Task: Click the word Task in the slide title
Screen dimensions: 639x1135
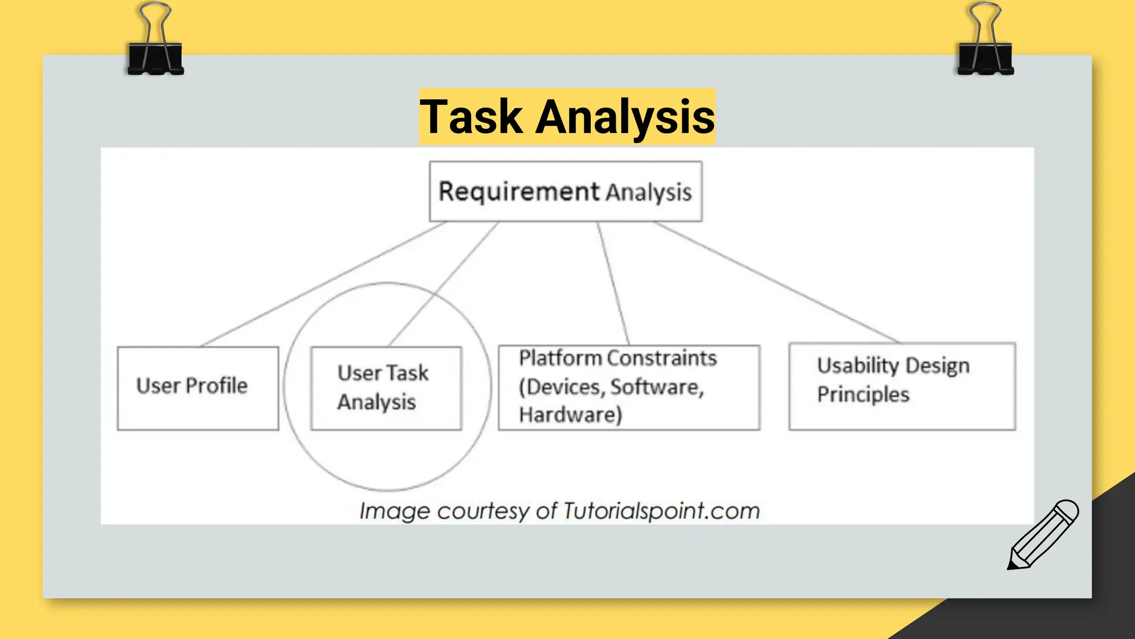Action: click(471, 117)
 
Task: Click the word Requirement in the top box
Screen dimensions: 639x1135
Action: click(519, 191)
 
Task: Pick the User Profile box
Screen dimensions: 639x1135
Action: click(198, 388)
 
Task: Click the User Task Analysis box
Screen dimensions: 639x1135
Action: click(386, 388)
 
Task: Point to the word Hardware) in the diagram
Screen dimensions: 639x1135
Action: click(570, 415)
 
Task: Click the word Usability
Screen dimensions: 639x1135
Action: click(857, 366)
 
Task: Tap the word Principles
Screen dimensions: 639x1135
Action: click(863, 394)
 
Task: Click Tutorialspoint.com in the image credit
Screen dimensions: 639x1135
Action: click(661, 511)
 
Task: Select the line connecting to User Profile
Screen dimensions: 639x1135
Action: click(324, 283)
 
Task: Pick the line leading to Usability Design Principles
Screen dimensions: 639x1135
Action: click(776, 282)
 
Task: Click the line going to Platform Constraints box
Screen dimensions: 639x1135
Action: click(613, 283)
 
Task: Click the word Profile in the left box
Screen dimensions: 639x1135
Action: click(217, 386)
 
